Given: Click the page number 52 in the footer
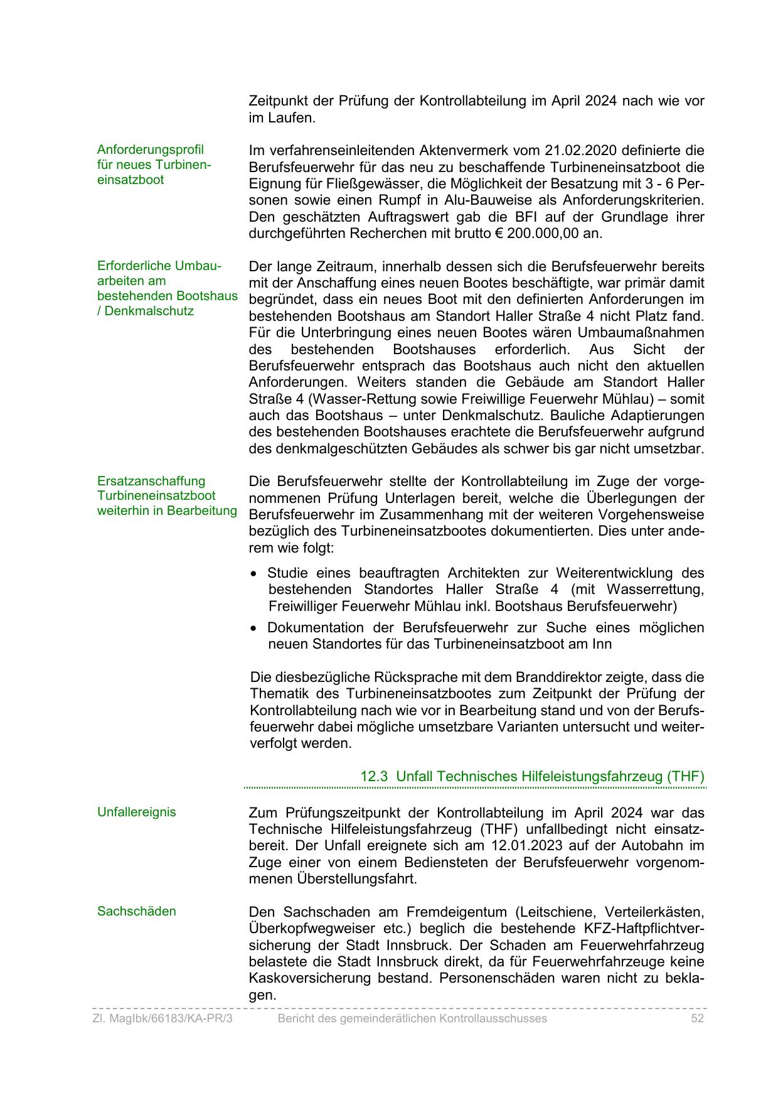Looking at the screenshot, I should [697, 1018].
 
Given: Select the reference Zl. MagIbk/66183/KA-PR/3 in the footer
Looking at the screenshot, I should [163, 1018].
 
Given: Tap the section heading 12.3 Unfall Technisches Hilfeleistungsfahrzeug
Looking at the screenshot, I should [532, 776].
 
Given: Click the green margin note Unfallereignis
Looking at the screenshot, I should [136, 812].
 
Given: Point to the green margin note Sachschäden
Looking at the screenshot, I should [136, 911].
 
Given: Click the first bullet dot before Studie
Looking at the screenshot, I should [253, 574].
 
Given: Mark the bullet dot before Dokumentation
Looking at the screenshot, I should [253, 629].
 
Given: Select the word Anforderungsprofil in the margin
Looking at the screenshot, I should [150, 149].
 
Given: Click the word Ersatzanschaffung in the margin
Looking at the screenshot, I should [151, 481].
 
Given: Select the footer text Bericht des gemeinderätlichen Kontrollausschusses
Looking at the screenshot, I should [412, 1018].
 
